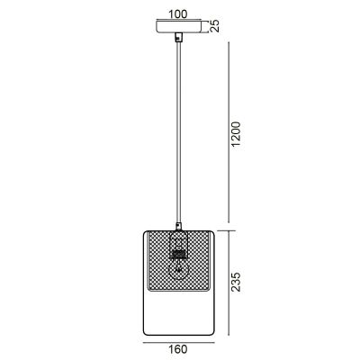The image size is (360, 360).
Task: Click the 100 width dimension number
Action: click(179, 14)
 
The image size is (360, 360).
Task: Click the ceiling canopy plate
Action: click(179, 27)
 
